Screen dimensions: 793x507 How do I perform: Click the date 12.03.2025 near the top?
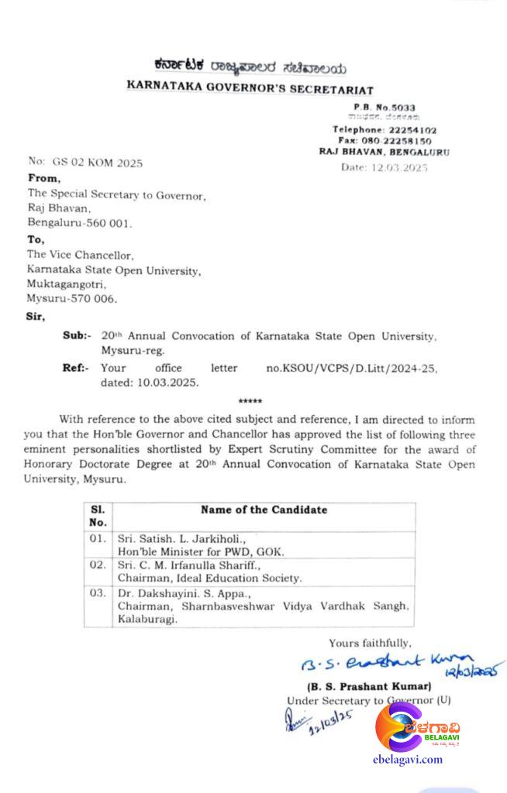click(385, 166)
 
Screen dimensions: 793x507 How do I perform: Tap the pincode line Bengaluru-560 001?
click(80, 223)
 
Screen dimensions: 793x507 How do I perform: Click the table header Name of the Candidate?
click(264, 510)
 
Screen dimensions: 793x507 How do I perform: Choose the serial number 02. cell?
click(98, 565)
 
